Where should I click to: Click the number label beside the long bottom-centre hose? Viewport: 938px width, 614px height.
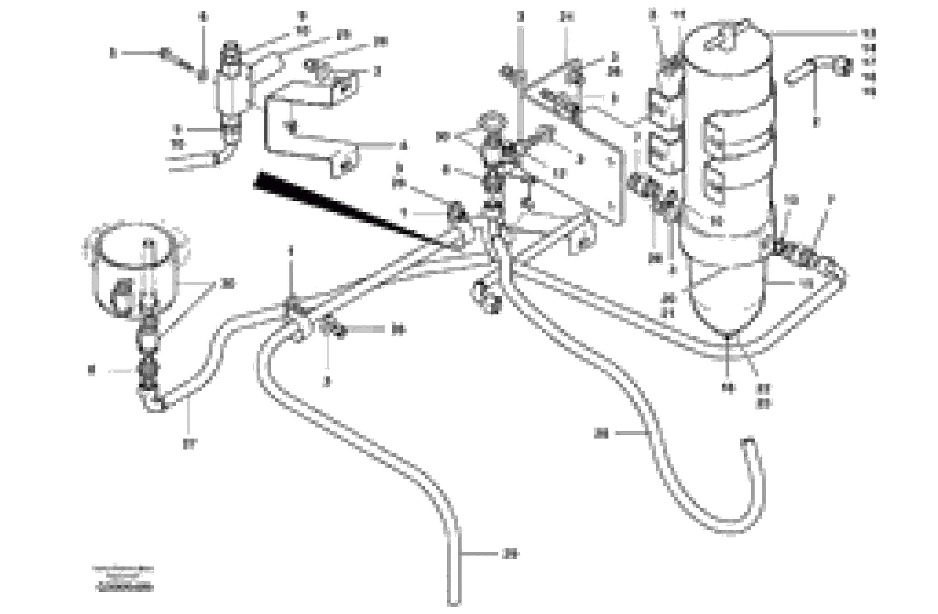(x=511, y=554)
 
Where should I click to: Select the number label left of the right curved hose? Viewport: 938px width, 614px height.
(x=601, y=434)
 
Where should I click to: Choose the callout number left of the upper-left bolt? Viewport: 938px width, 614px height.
(x=113, y=52)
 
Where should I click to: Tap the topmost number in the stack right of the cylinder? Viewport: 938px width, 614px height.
(x=867, y=33)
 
